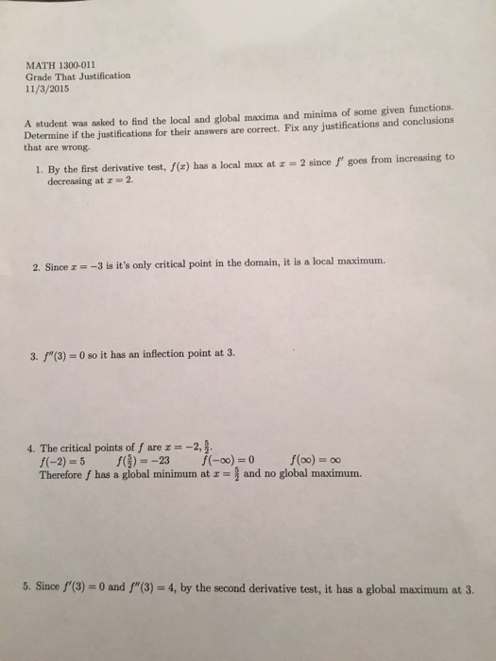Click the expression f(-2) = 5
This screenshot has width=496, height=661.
(62, 463)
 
